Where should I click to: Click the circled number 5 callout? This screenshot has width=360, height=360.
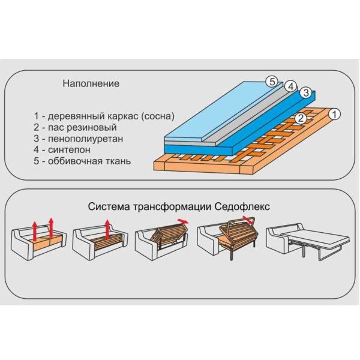272,82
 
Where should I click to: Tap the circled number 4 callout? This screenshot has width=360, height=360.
290,87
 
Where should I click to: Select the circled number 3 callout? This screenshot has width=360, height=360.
306,93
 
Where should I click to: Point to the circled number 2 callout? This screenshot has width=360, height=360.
301,118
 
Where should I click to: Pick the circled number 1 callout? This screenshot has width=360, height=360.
335,115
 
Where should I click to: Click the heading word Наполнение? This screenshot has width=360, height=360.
91,83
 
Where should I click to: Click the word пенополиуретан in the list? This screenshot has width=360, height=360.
85,139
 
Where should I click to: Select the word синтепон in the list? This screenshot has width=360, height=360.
69,150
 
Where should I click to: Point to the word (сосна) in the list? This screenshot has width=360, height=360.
157,116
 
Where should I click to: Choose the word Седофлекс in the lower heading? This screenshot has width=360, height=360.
242,207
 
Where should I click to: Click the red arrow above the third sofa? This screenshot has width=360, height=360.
183,221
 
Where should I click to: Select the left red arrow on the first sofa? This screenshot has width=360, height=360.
34,231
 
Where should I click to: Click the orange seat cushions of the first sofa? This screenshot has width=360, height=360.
48,244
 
